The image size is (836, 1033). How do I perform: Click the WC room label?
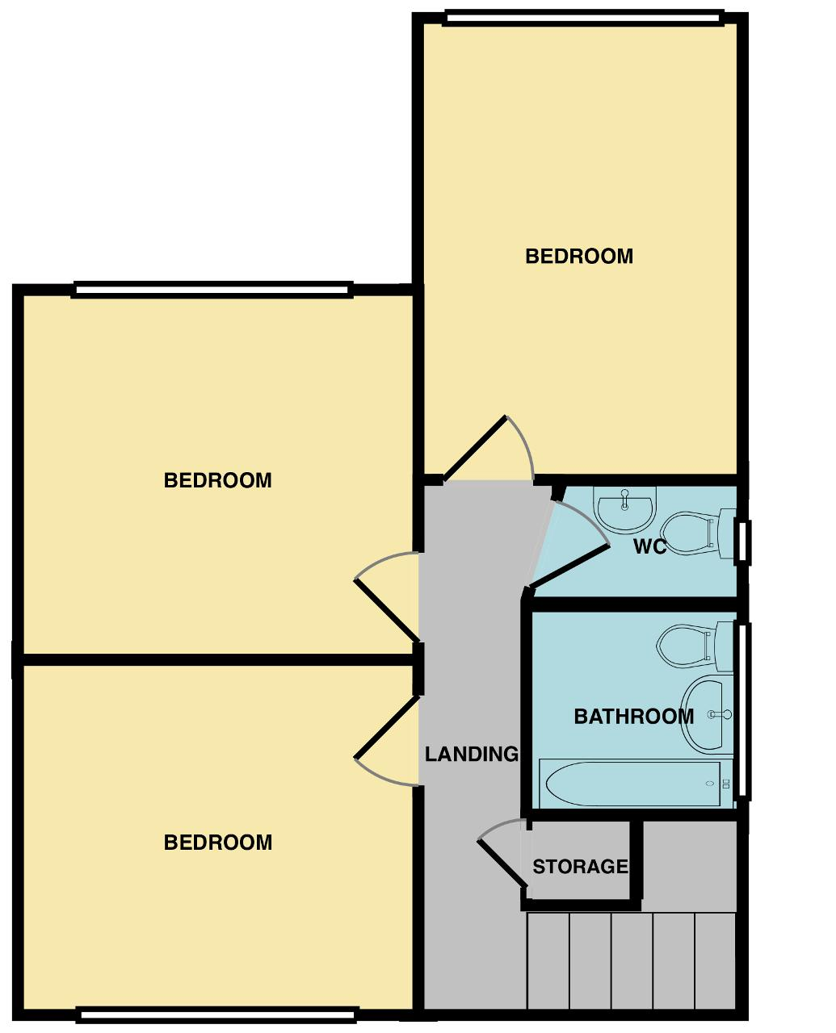(x=649, y=547)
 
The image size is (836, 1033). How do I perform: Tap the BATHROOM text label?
(x=633, y=716)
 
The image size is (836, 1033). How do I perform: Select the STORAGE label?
(x=580, y=867)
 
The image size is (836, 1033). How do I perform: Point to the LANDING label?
(x=472, y=754)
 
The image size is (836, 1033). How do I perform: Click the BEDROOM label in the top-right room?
(x=579, y=256)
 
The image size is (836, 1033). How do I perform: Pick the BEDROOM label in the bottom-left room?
(x=218, y=843)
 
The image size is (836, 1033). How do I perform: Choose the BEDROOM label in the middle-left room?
(x=218, y=480)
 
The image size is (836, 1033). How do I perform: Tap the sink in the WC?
(x=624, y=509)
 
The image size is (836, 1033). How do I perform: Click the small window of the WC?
(x=743, y=541)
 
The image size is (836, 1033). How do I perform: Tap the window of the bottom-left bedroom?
(x=217, y=1014)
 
